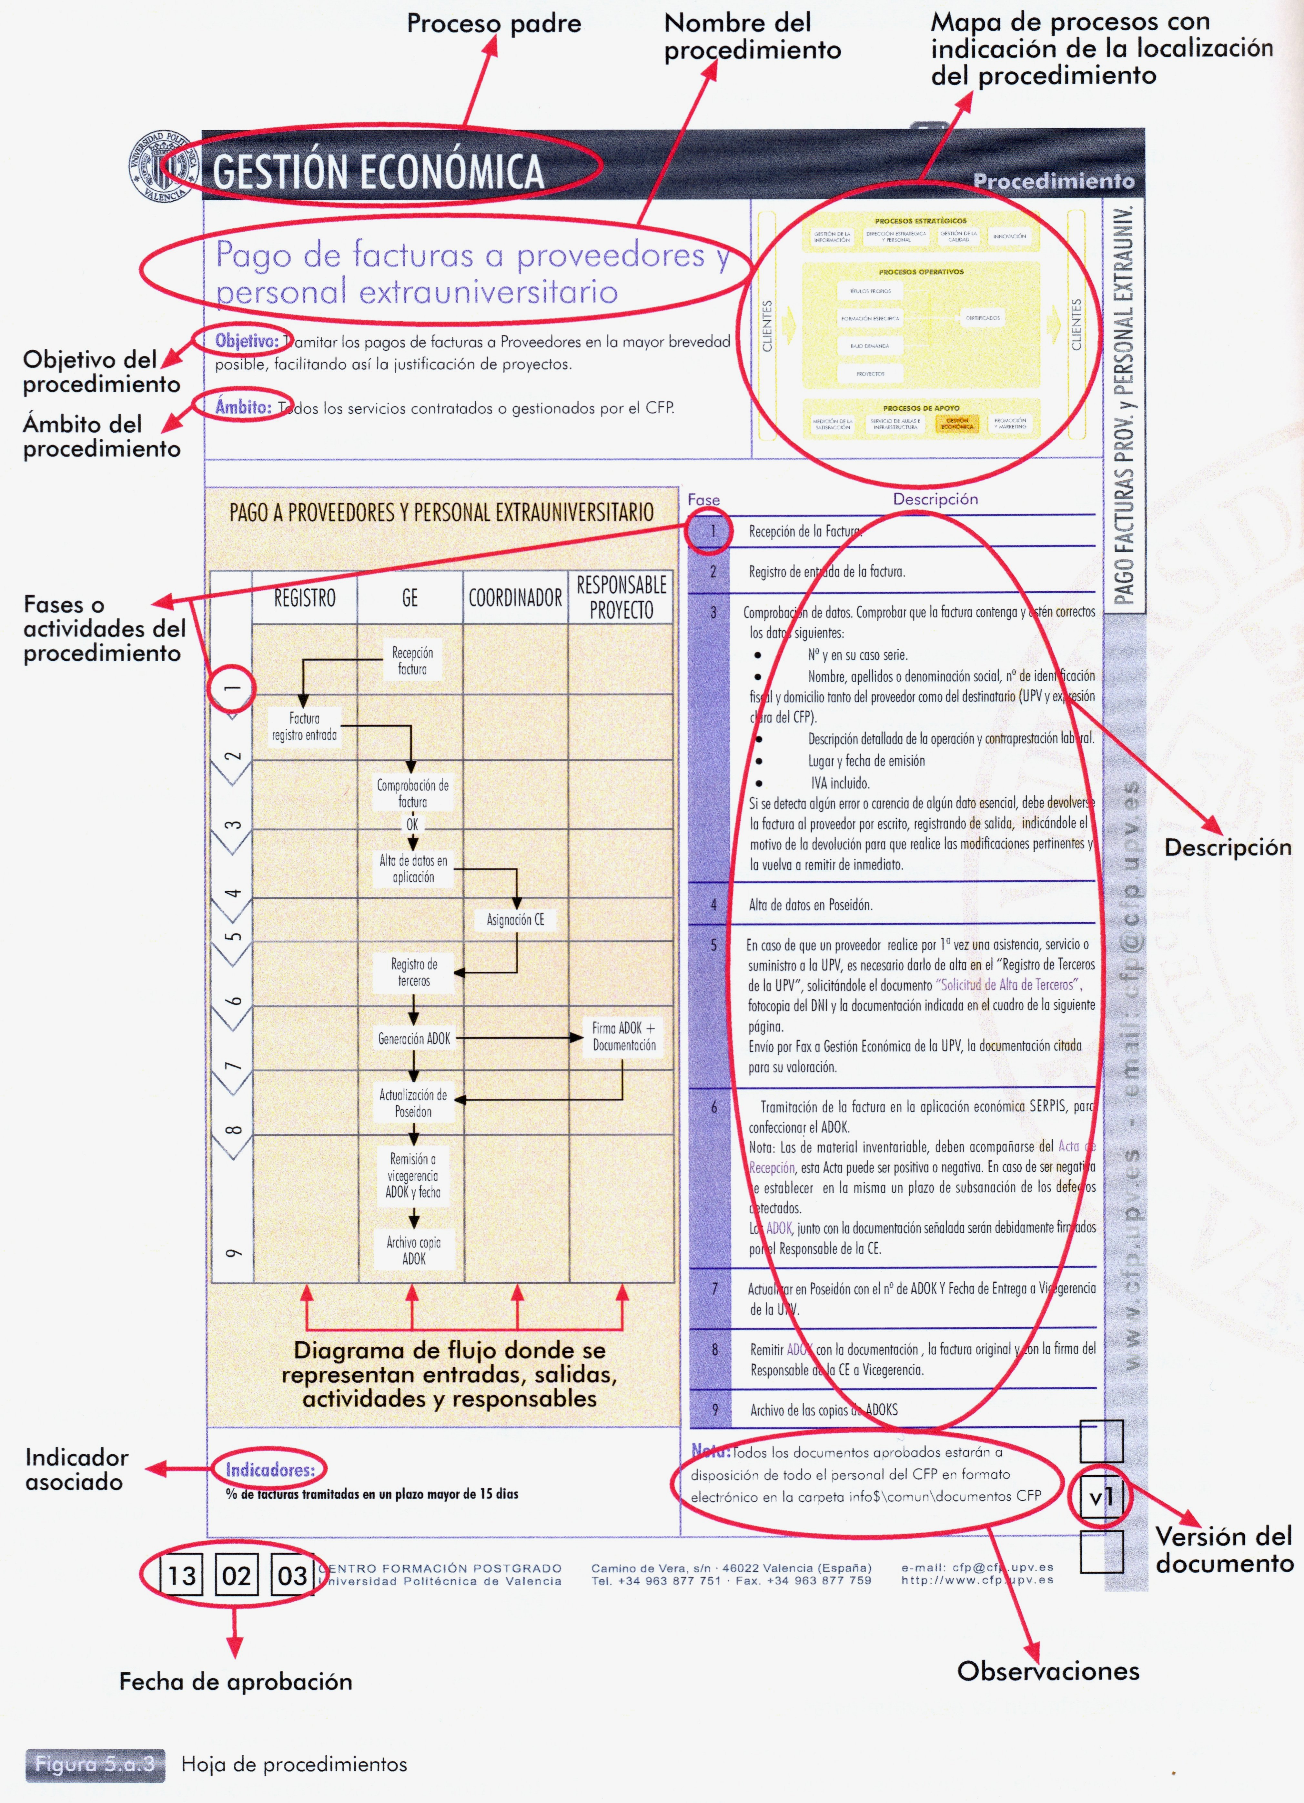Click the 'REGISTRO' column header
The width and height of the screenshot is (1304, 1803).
click(305, 598)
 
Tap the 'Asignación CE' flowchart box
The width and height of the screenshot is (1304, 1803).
click(515, 920)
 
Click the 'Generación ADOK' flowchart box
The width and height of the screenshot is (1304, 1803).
click(413, 1038)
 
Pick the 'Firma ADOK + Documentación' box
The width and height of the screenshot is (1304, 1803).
click(623, 1037)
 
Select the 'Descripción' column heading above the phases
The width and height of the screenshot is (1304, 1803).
click(935, 499)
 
